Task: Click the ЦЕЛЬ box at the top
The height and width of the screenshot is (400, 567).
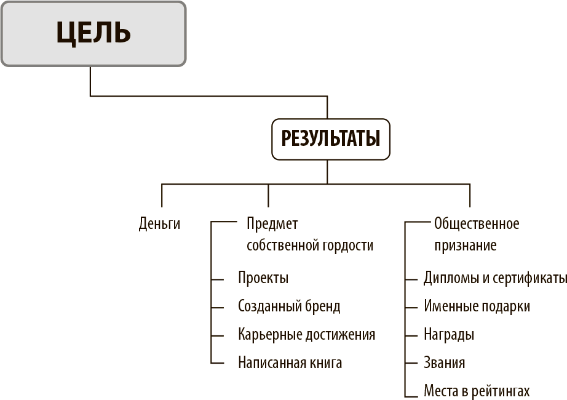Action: coord(93,34)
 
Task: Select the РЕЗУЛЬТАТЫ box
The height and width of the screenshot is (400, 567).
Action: coord(330,139)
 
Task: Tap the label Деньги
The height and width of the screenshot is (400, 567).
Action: coord(159,224)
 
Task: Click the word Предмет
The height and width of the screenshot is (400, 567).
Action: coord(272,224)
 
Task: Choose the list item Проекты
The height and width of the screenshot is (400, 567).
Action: coord(263,278)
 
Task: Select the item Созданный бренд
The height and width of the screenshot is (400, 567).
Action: coord(289,306)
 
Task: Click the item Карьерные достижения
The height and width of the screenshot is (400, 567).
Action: coord(307,335)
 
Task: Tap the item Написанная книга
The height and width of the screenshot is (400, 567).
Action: coord(290,362)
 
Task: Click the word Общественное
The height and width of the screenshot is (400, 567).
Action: coord(477,224)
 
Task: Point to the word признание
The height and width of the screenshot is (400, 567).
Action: coord(466,246)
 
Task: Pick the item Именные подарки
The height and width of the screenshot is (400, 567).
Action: coord(477,306)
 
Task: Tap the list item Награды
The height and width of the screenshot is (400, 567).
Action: coord(449,335)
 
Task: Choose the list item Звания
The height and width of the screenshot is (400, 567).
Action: coord(445,362)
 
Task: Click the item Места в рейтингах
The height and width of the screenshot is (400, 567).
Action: coord(477,391)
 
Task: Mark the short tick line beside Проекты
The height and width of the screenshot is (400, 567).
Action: coord(217,279)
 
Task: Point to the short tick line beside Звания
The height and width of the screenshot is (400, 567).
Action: coord(411,362)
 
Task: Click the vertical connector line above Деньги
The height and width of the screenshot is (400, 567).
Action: coord(162,196)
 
